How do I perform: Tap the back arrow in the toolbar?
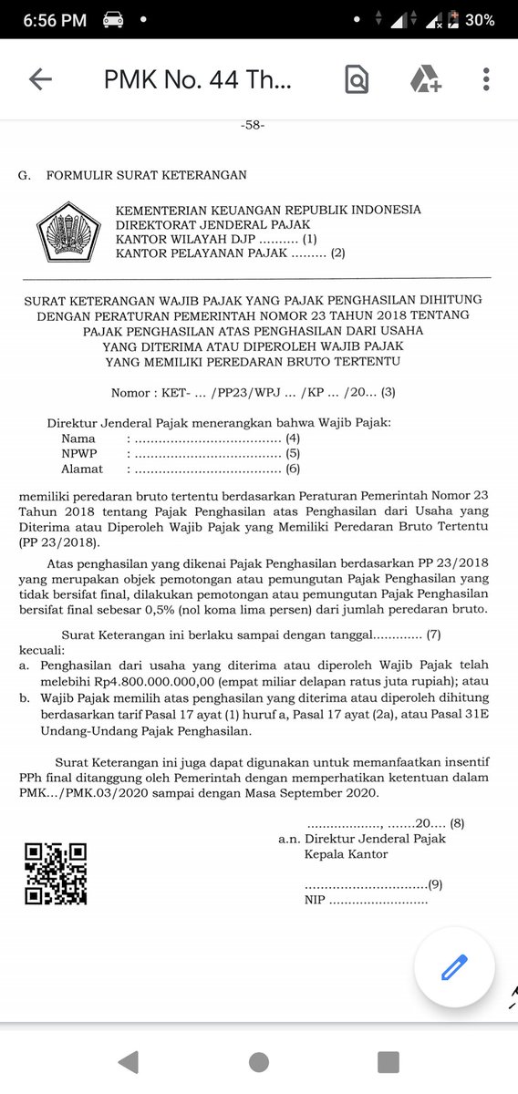click(40, 79)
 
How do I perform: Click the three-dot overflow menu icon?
click(486, 79)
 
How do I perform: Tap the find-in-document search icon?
click(357, 80)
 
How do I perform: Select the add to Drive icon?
click(425, 80)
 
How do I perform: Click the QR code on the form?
click(56, 872)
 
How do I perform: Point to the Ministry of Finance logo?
click(67, 232)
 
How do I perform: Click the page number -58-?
click(252, 126)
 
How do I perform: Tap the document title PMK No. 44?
click(198, 80)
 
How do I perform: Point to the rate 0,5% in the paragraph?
click(218, 608)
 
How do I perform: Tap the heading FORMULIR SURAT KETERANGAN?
click(146, 175)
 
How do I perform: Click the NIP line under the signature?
click(365, 900)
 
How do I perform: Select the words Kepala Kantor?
click(346, 854)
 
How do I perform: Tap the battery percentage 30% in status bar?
click(479, 20)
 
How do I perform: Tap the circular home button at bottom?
click(259, 1061)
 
